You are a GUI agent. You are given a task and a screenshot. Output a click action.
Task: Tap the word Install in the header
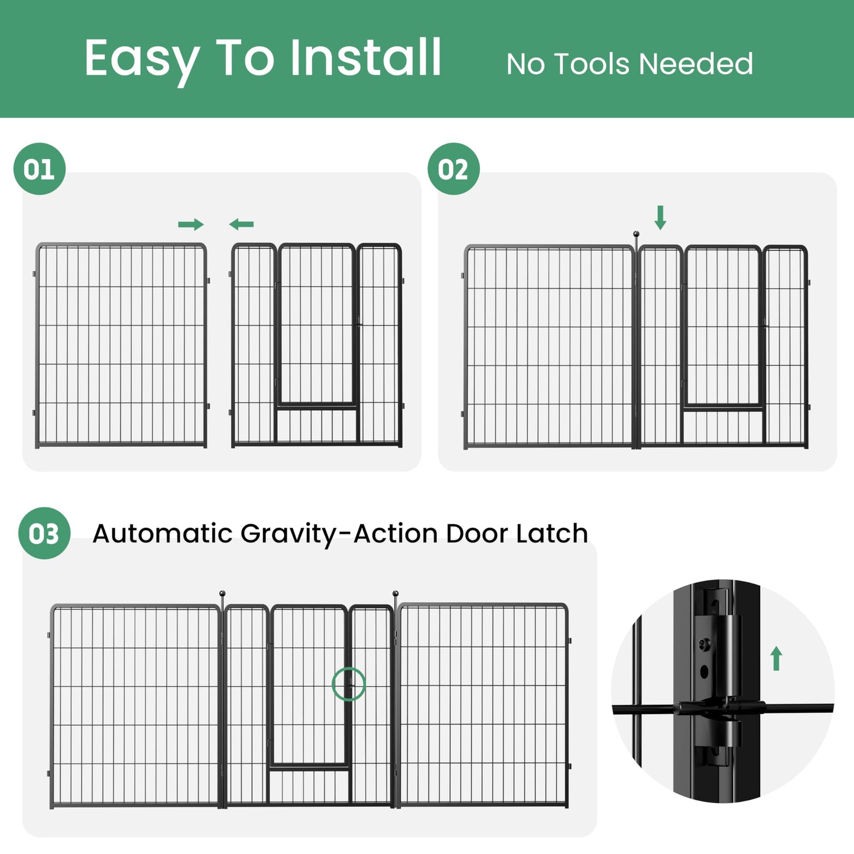coord(366,57)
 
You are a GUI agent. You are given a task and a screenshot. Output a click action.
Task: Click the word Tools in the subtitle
coord(593,64)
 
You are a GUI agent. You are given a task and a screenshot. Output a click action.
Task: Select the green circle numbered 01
coord(40,169)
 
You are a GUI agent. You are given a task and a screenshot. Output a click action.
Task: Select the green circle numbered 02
coord(453,169)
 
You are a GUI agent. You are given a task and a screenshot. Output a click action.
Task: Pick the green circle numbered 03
coord(44,533)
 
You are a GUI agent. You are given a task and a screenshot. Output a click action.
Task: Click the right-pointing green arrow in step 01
coord(190,224)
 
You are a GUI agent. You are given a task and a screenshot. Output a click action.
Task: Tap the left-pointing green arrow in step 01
coord(242,224)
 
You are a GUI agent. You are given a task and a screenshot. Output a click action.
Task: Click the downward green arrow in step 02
coord(660,217)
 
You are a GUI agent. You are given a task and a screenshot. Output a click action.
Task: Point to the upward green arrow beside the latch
coord(776,658)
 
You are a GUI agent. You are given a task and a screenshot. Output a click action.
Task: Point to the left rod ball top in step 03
coord(222,593)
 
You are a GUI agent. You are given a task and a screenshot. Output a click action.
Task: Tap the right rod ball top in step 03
coord(395,593)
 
